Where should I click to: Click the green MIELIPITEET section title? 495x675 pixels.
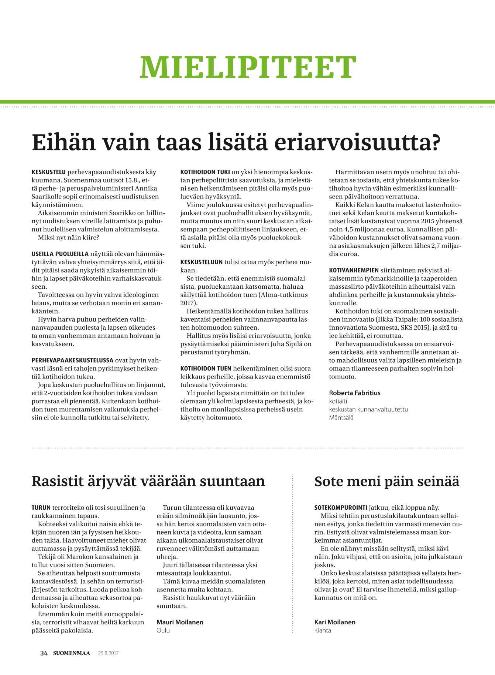point(247,68)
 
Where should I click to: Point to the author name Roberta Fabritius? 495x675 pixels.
point(354,393)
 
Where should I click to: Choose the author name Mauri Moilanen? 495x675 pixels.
point(180,622)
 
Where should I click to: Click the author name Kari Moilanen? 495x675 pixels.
point(335,622)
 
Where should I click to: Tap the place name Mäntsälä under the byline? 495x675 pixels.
point(341,418)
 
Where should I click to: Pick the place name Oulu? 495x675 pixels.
point(163,630)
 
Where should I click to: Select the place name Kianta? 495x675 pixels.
point(323,630)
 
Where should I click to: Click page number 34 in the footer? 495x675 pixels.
point(44,653)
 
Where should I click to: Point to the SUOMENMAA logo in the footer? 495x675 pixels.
point(71,653)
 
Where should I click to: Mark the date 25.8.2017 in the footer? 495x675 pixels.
point(108,653)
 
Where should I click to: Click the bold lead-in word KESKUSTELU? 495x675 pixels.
point(49,172)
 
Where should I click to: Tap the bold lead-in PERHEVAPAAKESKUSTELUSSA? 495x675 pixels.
point(72,360)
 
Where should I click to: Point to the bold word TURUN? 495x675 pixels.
point(41,508)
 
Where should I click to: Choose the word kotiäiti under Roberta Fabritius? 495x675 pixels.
point(338,401)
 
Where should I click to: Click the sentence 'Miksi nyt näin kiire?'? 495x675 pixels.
point(69,237)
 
